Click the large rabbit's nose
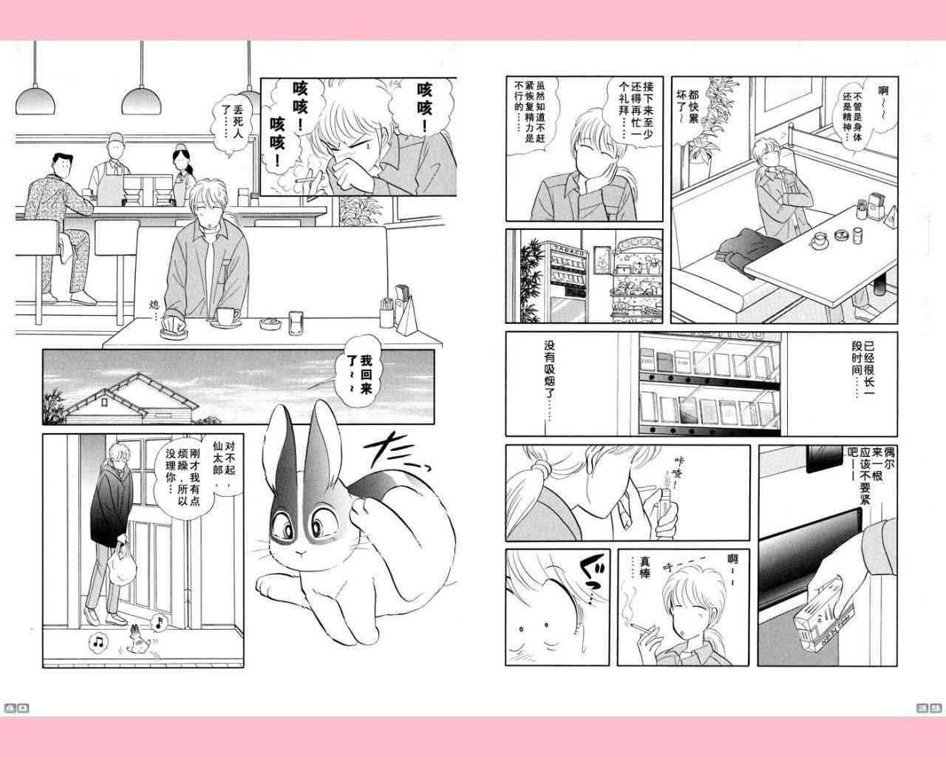(x=301, y=553)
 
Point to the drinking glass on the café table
(x=296, y=323)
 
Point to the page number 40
(x=17, y=708)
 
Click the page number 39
(x=929, y=707)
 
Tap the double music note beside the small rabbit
(x=99, y=642)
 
